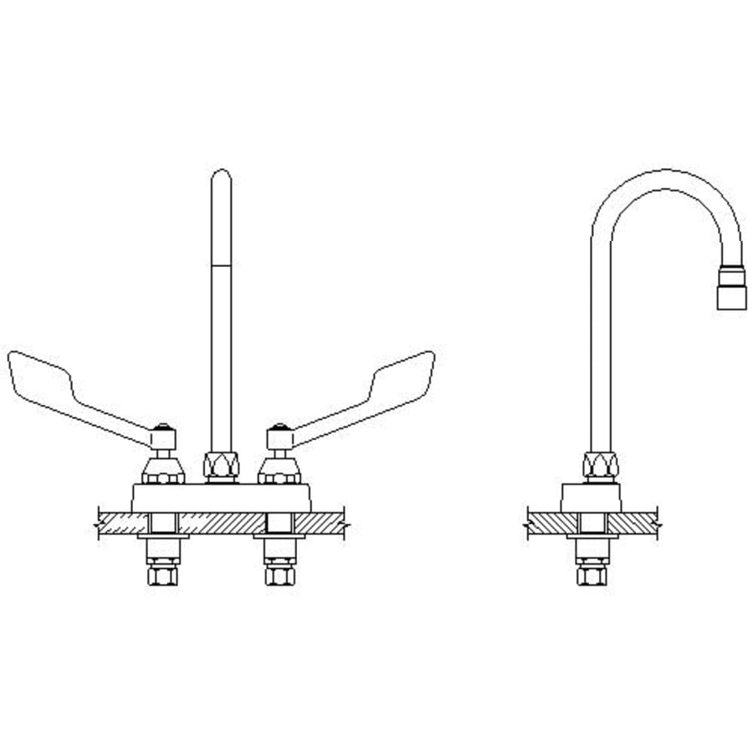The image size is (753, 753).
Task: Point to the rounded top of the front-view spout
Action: coord(221,177)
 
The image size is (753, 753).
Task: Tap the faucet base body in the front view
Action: coord(222,497)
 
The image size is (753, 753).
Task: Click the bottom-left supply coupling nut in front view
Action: coord(161,576)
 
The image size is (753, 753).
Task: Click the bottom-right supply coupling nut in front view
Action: coord(279,576)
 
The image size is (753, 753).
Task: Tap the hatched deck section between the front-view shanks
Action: coord(221,523)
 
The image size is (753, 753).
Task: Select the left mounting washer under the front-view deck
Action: coord(162,537)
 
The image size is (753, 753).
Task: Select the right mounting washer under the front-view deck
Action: coord(279,537)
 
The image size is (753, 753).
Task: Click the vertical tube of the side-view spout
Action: coord(600,351)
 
